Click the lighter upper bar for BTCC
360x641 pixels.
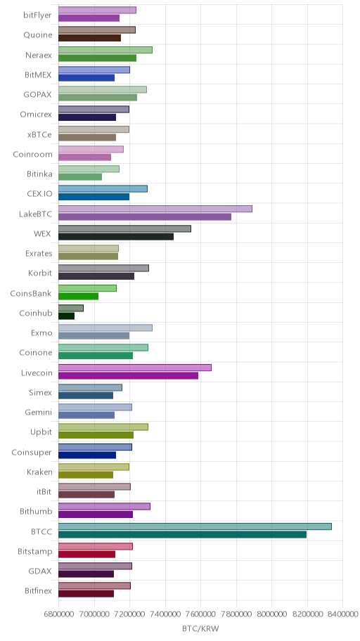point(195,526)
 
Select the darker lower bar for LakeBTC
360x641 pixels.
point(145,216)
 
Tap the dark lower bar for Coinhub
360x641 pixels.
point(66,316)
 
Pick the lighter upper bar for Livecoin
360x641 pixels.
point(135,368)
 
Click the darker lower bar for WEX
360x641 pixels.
point(116,237)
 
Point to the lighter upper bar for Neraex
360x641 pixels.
point(105,50)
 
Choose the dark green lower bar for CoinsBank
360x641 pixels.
point(78,297)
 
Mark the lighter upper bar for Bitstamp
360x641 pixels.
point(96,546)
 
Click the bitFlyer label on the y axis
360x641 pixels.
point(38,15)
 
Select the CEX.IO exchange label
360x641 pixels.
point(39,194)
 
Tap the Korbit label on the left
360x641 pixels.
point(40,273)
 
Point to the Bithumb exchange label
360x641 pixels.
point(36,512)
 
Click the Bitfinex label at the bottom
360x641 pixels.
point(38,590)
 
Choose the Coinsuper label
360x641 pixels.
point(32,452)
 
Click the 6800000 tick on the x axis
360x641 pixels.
point(58,614)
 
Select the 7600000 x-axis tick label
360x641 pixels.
point(201,614)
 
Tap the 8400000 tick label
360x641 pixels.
point(343,614)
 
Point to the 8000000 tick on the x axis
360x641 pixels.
point(271,614)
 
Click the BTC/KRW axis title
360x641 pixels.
point(200,629)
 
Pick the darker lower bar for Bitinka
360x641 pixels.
point(80,177)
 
